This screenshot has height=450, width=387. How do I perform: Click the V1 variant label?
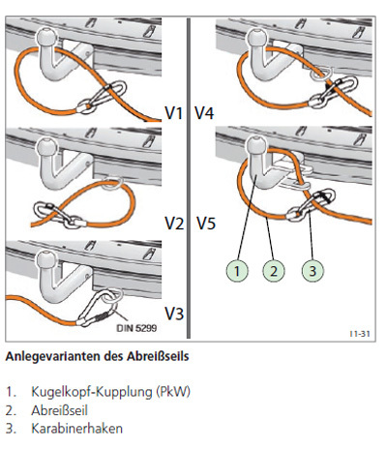[173, 113]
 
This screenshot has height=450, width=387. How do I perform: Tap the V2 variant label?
[174, 224]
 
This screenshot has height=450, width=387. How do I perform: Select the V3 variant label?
[174, 314]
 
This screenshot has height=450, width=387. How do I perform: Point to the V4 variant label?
[204, 113]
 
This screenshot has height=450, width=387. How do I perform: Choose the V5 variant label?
[206, 224]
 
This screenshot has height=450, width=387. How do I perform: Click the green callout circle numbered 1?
[237, 271]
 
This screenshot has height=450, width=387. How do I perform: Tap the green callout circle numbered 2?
[274, 271]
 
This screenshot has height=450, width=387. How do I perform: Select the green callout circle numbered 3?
[313, 271]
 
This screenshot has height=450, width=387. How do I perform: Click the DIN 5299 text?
[136, 328]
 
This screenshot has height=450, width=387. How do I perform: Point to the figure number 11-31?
[360, 334]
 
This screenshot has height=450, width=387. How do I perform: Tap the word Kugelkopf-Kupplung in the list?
[92, 392]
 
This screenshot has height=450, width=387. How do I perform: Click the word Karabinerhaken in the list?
[76, 429]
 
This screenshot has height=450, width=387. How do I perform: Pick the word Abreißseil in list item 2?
[59, 410]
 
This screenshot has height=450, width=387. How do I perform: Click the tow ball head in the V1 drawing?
[47, 37]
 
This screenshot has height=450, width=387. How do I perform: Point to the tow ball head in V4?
[257, 37]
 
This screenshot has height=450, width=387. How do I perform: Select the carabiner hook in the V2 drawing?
[59, 215]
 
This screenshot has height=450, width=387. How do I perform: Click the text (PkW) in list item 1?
[173, 392]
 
